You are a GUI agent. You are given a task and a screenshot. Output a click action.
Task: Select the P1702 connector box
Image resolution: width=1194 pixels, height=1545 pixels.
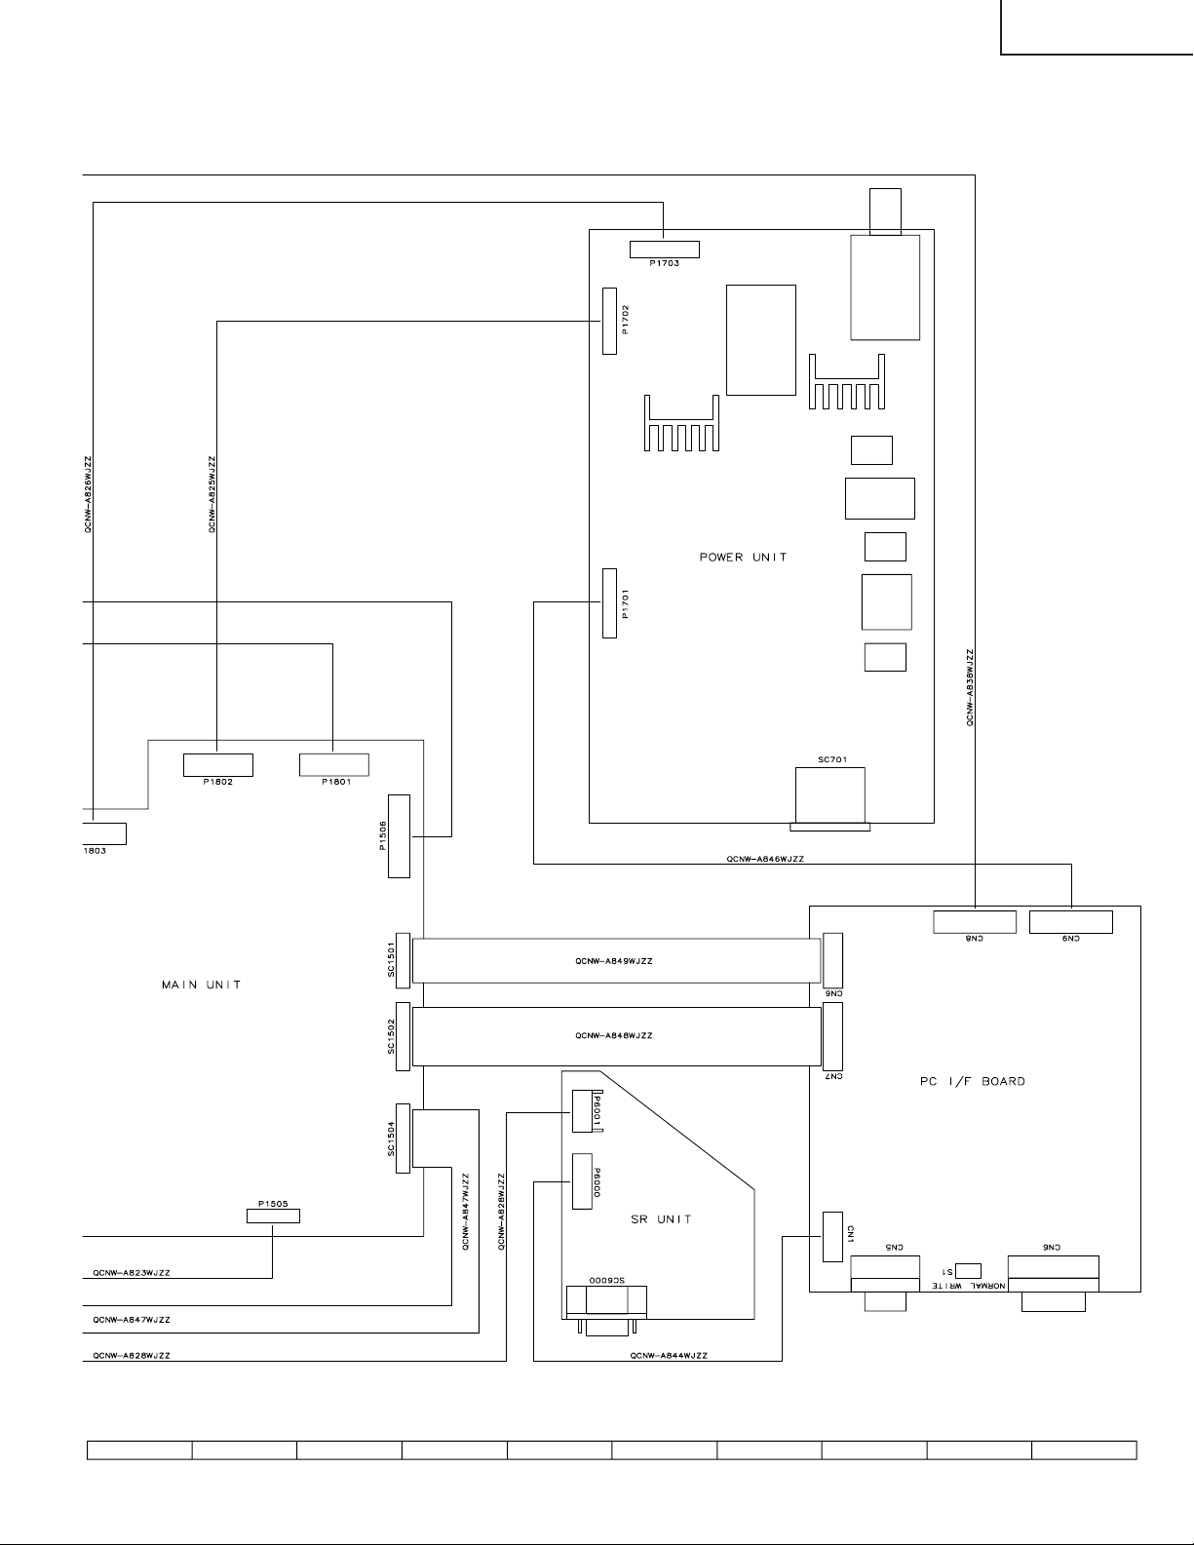point(610,321)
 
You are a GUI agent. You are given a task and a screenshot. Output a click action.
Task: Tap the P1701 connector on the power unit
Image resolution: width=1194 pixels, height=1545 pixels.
point(610,602)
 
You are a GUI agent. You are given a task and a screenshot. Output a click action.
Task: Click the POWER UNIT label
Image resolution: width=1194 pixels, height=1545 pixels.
point(743,558)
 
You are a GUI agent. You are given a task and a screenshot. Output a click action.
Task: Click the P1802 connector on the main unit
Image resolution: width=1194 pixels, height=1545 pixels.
point(218,764)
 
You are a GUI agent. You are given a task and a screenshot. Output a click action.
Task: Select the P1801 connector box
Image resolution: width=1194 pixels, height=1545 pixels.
point(333,764)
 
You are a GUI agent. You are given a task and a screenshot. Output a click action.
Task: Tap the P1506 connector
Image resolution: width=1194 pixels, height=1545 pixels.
point(400,835)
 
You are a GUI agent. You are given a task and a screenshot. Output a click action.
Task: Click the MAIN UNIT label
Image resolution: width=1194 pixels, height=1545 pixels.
point(201,985)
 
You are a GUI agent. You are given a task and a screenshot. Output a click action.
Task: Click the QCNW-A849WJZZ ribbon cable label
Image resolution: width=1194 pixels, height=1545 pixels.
point(614,961)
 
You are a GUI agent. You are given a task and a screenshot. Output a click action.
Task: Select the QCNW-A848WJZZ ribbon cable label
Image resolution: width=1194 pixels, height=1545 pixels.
point(614,1035)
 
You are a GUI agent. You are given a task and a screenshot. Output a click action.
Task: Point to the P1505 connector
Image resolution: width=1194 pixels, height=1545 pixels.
point(272,1216)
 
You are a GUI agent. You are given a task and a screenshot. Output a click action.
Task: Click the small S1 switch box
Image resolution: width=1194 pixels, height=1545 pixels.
point(969,1270)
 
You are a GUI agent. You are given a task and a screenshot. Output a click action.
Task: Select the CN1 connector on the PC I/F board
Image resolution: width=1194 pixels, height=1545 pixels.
point(832,1237)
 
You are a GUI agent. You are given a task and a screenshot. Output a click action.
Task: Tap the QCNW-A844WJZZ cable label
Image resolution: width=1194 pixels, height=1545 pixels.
point(669,1355)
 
